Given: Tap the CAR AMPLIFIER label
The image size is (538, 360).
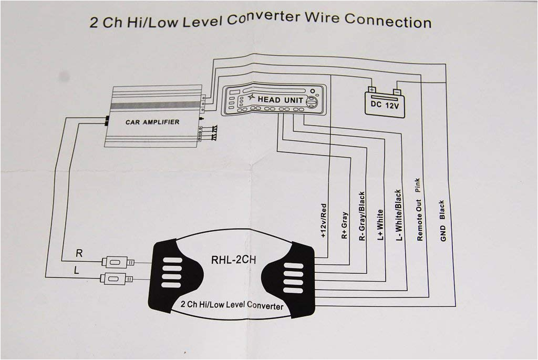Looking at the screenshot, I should tap(152, 122).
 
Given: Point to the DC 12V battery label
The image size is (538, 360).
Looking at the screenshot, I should tap(385, 105).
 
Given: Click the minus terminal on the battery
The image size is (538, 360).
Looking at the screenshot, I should tap(397, 92).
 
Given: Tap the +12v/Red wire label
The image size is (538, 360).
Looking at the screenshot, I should tap(324, 221).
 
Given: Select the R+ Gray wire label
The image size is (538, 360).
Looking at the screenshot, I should tap(344, 225).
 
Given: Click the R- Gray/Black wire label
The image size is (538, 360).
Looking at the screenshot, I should tap(361, 216).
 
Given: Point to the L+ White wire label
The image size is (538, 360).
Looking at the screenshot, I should tap(380, 224).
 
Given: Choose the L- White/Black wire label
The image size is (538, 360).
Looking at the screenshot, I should tap(398, 215).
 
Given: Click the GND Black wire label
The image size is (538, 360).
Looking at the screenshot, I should tap(443, 221).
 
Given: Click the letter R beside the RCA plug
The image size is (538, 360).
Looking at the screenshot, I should tap(79, 253).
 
